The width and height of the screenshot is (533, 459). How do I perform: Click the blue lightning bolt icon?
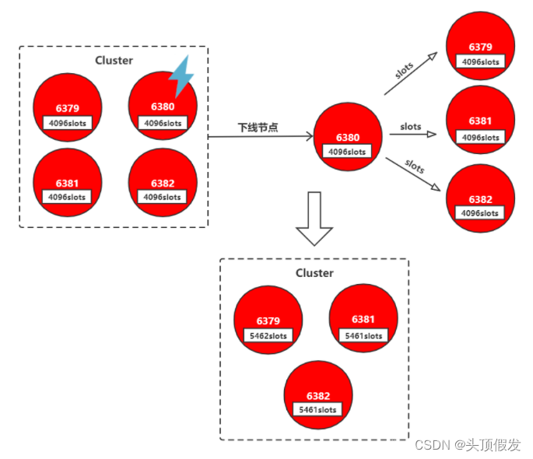coord(182,76)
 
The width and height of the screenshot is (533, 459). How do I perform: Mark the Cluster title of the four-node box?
coord(114,60)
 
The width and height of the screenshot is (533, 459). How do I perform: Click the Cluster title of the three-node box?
coord(314,273)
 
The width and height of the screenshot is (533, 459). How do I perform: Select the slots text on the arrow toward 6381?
coord(411,126)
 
